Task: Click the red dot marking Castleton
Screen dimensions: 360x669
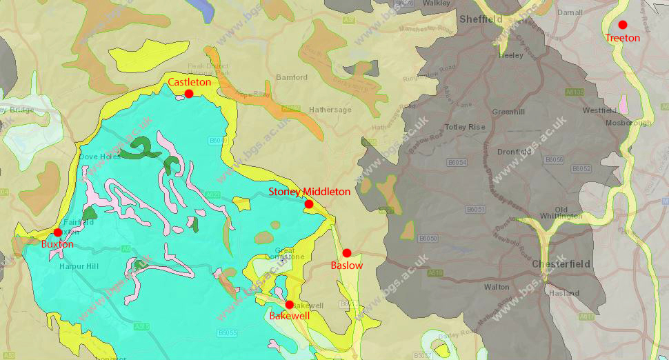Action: [x=188, y=93]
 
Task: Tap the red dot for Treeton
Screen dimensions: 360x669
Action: [x=623, y=25]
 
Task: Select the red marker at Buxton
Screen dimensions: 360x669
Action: [x=58, y=232]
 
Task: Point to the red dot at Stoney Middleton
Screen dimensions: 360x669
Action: [x=308, y=204]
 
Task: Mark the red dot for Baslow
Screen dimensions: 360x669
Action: [x=347, y=253]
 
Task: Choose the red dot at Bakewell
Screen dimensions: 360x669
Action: [x=289, y=305]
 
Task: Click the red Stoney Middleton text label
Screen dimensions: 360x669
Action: [x=309, y=192]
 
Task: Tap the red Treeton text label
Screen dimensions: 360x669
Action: [x=623, y=38]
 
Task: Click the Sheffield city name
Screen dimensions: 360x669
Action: [x=481, y=19]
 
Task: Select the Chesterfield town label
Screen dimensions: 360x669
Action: [x=560, y=264]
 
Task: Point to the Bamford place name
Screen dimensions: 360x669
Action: [x=292, y=77]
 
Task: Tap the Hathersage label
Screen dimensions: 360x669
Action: [x=330, y=110]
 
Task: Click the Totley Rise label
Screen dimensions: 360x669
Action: [x=465, y=127]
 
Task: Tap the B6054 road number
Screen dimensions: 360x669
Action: [x=457, y=163]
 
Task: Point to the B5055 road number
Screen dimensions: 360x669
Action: [x=227, y=332]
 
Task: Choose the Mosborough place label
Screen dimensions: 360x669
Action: [x=628, y=123]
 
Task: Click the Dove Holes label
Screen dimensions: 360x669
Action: [x=100, y=157]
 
